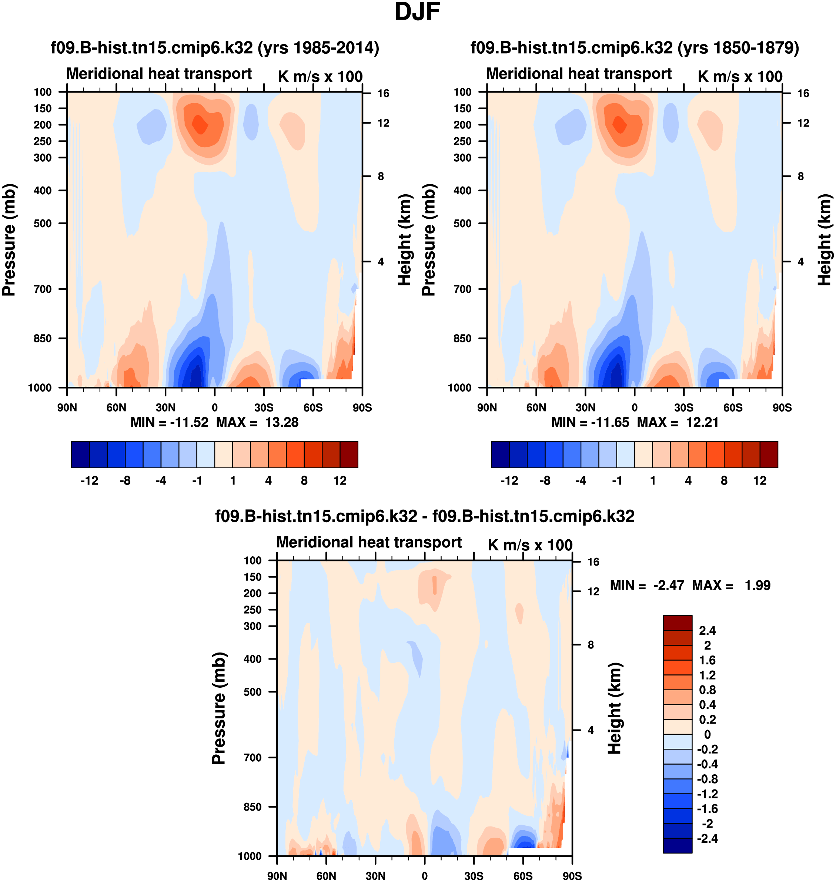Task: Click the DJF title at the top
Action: click(x=418, y=12)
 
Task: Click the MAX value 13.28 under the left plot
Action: click(x=282, y=422)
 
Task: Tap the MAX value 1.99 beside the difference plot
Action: click(x=757, y=585)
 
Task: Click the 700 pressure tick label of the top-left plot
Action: click(x=43, y=289)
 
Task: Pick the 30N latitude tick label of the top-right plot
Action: click(x=585, y=408)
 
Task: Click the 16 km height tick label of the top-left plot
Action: click(x=383, y=94)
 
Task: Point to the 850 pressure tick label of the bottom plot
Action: click(x=253, y=807)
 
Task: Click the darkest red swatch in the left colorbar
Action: click(x=349, y=455)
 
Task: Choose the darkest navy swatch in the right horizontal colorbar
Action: click(x=500, y=455)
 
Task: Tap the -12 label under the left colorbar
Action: click(x=89, y=481)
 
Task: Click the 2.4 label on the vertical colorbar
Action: click(x=707, y=631)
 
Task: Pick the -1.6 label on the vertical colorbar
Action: click(x=707, y=809)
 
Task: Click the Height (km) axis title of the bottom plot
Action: click(x=615, y=708)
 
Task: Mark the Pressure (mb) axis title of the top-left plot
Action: click(x=9, y=240)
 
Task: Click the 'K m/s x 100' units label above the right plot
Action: click(x=740, y=77)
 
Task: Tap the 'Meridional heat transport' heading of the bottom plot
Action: click(x=369, y=542)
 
